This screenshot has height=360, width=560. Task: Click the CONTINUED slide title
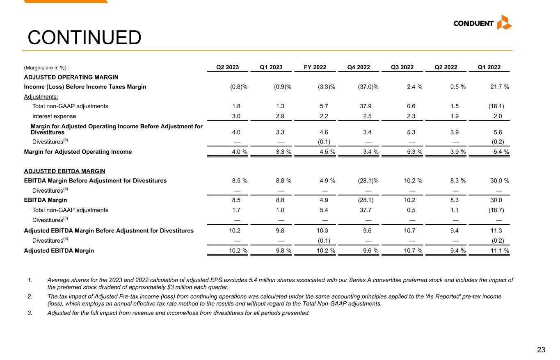(x=84, y=38)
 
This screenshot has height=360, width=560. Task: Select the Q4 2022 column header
(x=359, y=68)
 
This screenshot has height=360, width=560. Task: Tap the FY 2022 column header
(x=315, y=68)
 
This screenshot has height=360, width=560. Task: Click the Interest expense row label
(x=54, y=116)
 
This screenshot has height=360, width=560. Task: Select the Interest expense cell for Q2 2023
(x=236, y=116)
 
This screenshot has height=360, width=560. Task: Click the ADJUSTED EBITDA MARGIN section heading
(x=65, y=171)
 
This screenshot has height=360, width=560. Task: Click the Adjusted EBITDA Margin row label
(x=59, y=251)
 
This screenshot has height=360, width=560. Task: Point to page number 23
(x=541, y=350)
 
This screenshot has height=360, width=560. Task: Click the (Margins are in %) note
(x=45, y=68)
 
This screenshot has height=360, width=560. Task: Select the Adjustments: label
(x=41, y=97)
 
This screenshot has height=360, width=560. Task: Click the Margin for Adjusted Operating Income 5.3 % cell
(x=411, y=152)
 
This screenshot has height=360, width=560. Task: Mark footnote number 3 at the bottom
(x=30, y=313)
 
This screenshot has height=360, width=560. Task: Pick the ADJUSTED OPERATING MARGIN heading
(x=71, y=77)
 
